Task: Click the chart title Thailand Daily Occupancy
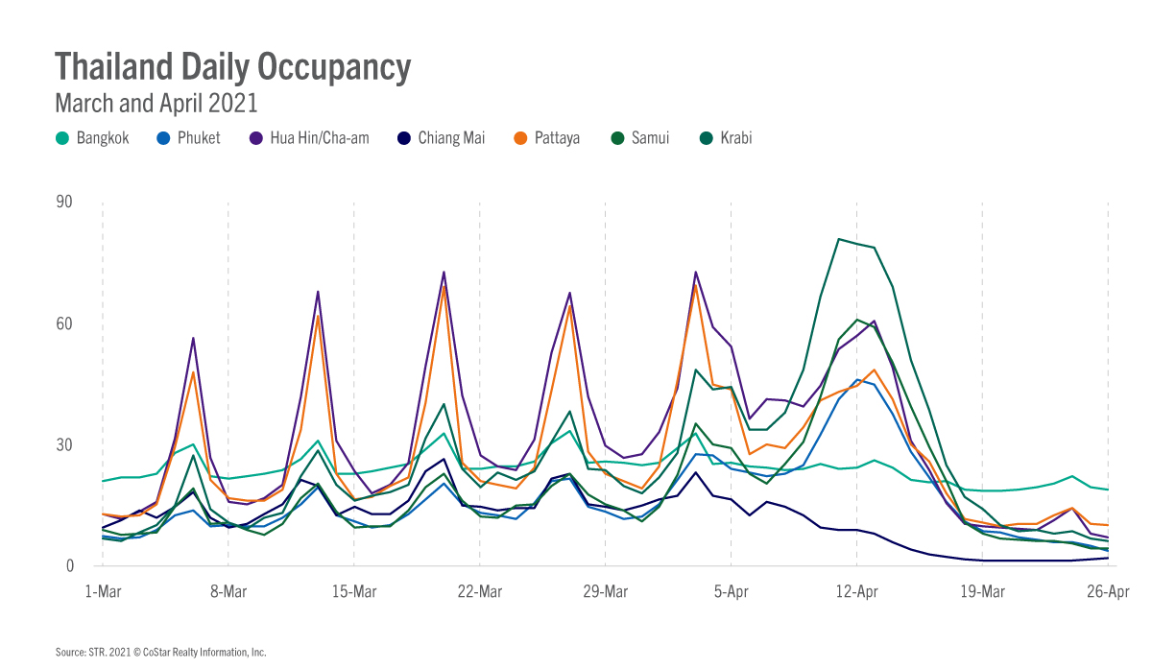coord(232,66)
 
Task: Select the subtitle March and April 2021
coord(156,102)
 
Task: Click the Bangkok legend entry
coord(93,138)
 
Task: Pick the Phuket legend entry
coord(189,138)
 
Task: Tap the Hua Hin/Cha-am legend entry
coord(309,138)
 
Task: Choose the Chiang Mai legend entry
coord(442,138)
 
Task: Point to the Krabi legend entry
coord(727,138)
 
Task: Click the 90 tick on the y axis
coord(66,203)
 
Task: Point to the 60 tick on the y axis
coord(66,323)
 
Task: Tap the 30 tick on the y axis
coord(66,444)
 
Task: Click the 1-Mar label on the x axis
coord(102,592)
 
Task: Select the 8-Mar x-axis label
coord(228,592)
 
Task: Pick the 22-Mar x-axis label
coord(479,592)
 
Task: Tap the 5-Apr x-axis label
coord(731,592)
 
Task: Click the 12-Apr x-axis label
coord(856,592)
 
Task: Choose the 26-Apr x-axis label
coord(1108,592)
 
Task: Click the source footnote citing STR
coord(160,653)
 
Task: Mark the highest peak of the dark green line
coord(839,239)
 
